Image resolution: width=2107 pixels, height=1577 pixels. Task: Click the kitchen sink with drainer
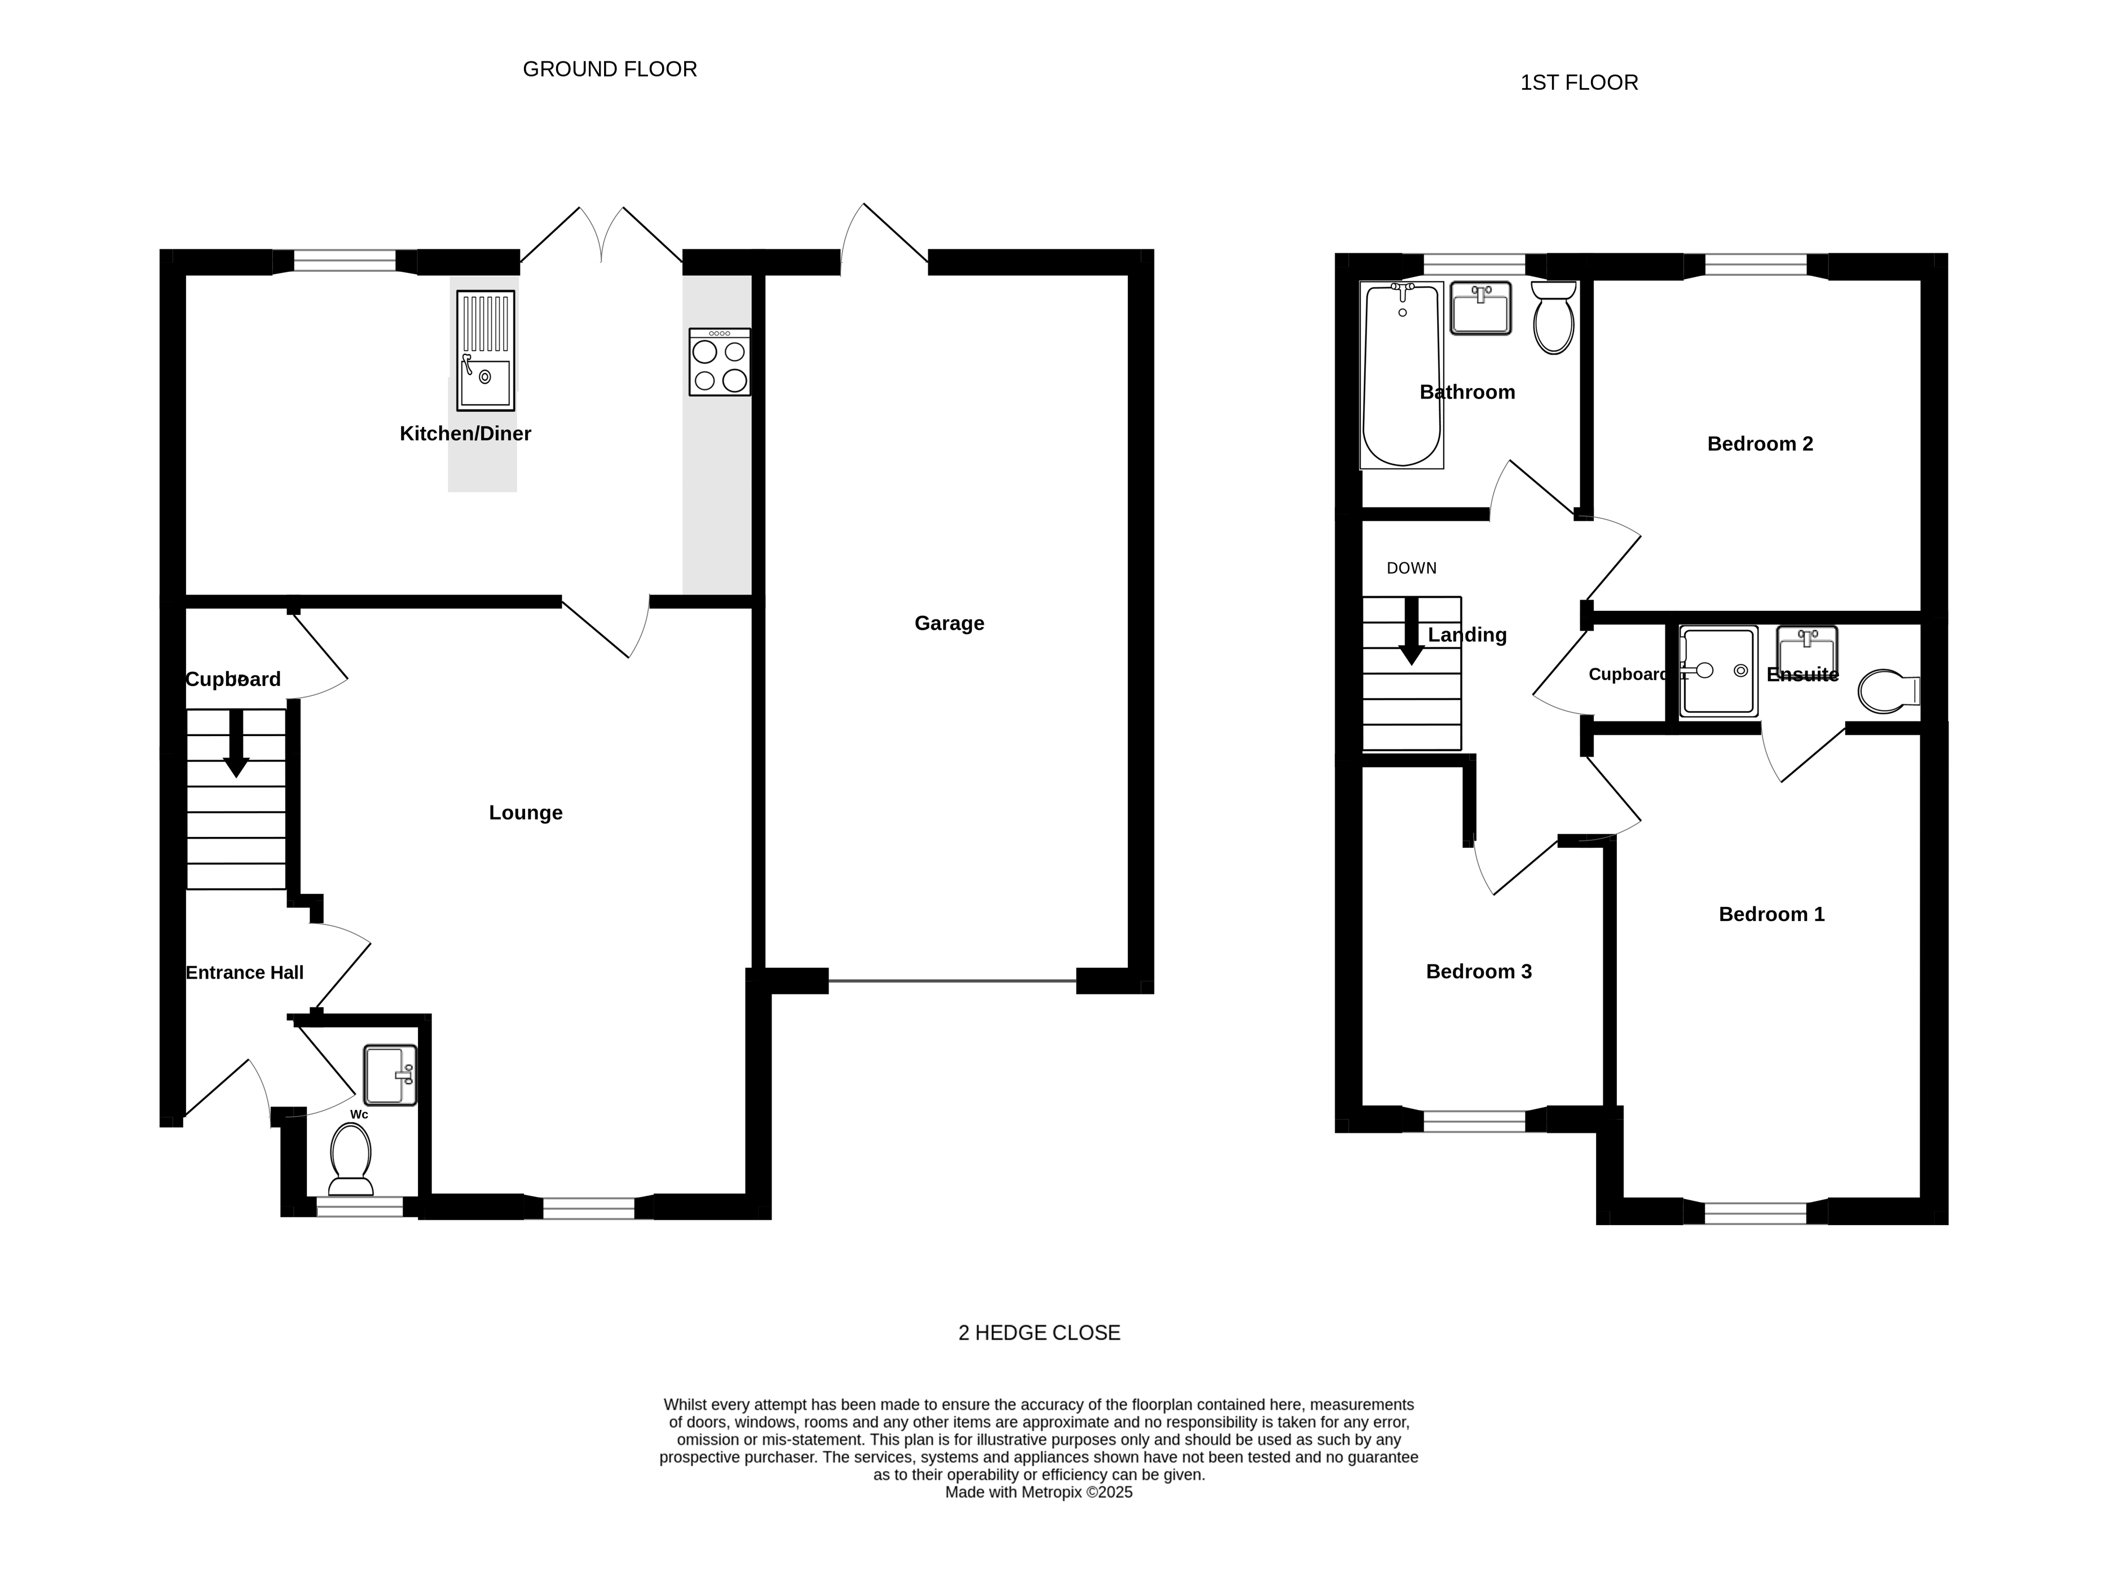click(x=485, y=351)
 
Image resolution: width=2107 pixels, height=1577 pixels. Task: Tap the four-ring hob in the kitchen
click(x=719, y=362)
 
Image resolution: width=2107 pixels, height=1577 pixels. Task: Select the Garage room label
click(x=949, y=623)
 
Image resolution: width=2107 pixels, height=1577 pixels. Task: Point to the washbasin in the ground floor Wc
click(x=390, y=1075)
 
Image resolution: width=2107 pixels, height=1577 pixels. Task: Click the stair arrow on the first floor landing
click(x=1410, y=631)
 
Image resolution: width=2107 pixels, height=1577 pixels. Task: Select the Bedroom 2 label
click(x=1760, y=444)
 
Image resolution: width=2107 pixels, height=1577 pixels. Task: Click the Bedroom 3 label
click(x=1478, y=972)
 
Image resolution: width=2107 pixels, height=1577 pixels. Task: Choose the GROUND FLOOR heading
click(x=610, y=69)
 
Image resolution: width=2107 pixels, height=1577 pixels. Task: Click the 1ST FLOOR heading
click(x=1579, y=83)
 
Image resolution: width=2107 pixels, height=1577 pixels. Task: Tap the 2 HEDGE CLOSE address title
click(x=1039, y=1333)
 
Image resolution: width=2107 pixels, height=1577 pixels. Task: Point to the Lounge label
click(x=526, y=813)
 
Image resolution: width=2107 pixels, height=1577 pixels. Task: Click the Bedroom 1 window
click(x=1756, y=1212)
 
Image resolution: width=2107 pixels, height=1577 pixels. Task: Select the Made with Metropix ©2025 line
click(x=1038, y=1492)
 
